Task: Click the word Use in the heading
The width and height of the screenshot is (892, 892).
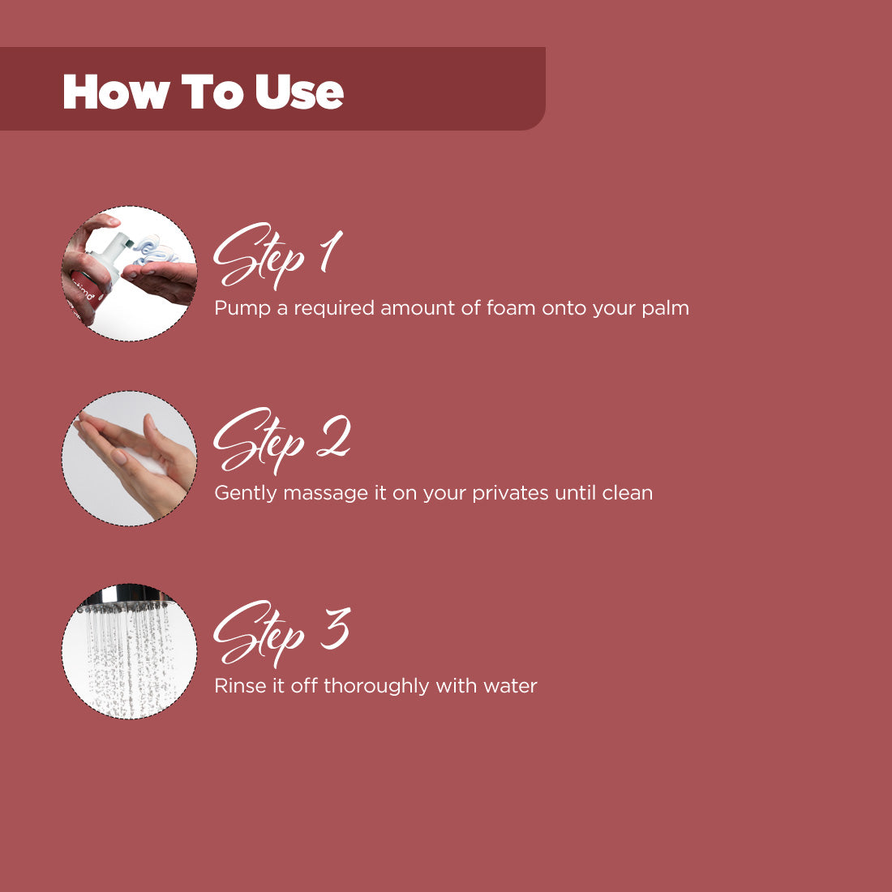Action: [299, 91]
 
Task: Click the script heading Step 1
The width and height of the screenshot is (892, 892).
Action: [278, 256]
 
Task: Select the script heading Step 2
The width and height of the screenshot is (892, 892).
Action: [281, 441]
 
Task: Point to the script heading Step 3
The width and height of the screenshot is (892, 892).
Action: [281, 634]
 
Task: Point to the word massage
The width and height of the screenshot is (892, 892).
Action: [325, 494]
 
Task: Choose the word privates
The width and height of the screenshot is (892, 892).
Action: [510, 493]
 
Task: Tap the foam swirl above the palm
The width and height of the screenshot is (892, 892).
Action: [152, 251]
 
